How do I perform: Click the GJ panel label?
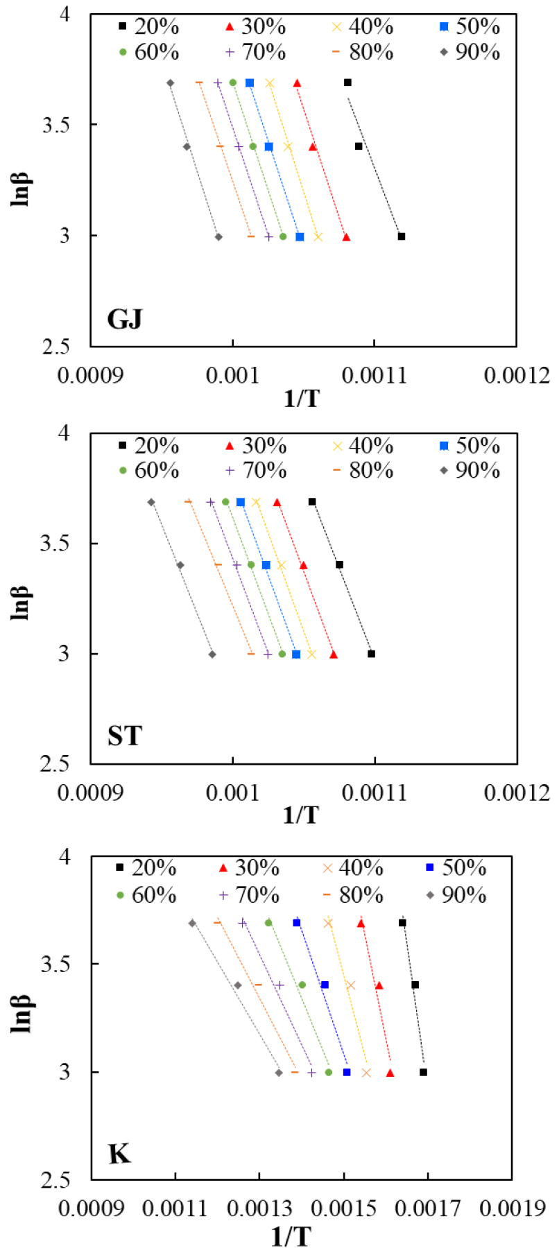coord(124,319)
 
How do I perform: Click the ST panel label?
coord(124,736)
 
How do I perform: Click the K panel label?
coord(119,1154)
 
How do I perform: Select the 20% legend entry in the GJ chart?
coord(148,27)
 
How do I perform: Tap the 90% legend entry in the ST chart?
coord(470,471)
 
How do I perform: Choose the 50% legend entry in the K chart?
coord(456,868)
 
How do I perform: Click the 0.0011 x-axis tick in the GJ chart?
coord(375,375)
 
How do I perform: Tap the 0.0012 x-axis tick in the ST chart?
coord(517,793)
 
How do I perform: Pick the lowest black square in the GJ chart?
coord(402,236)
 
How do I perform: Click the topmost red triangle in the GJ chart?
coord(297,83)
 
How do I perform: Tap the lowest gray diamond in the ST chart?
coord(212,655)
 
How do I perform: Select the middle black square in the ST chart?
coord(340,565)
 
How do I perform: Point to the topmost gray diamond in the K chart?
coord(192,923)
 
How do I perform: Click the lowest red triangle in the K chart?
coord(390,1073)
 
